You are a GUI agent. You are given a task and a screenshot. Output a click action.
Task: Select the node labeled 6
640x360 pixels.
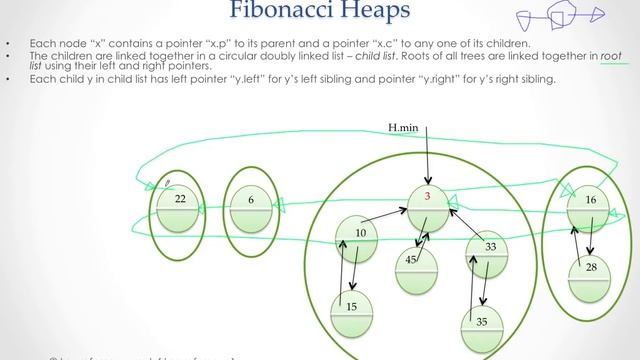click(x=250, y=206)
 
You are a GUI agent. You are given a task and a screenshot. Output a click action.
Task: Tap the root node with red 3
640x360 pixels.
click(x=427, y=204)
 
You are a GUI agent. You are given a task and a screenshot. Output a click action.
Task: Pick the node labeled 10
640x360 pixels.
click(x=359, y=239)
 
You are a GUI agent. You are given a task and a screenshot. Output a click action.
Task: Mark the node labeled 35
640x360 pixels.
click(x=482, y=326)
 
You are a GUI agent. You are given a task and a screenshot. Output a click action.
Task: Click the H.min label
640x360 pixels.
click(x=407, y=127)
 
